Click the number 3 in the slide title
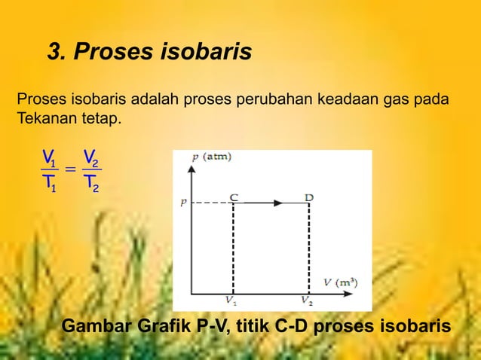(54, 53)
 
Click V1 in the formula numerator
(49, 157)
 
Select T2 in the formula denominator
(90, 183)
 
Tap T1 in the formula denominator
(49, 183)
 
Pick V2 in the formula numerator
(90, 157)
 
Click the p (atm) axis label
(212, 157)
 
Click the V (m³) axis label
(341, 282)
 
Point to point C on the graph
(234, 197)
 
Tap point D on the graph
(309, 197)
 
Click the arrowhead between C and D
(278, 203)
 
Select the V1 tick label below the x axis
(231, 301)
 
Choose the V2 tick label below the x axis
(306, 301)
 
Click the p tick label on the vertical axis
(182, 203)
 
